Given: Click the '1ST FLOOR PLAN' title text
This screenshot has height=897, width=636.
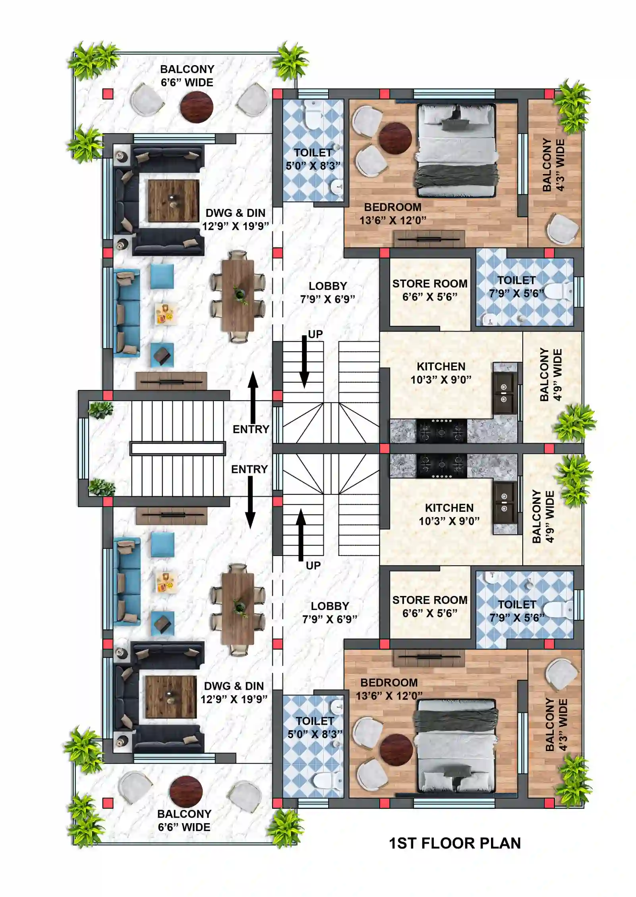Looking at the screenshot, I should [x=454, y=843].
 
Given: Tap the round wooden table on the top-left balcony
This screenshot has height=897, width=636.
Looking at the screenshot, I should [x=196, y=107].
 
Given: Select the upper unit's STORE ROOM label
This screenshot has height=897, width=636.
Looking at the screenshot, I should [x=429, y=290].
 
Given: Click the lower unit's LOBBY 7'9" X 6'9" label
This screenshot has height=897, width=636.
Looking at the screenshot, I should [x=329, y=612].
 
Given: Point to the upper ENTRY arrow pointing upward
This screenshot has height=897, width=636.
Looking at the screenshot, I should [x=253, y=397].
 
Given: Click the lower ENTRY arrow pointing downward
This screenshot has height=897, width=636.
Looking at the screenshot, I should [x=250, y=502].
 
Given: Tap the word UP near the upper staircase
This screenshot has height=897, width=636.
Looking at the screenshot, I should [x=315, y=334].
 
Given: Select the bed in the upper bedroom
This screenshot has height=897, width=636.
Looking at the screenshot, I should [x=456, y=151].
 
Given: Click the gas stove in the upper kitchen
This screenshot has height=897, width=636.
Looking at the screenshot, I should [x=441, y=431].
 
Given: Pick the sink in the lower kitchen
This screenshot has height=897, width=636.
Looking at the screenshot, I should [x=504, y=502].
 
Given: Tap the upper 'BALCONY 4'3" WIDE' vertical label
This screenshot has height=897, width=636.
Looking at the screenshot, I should [x=553, y=165].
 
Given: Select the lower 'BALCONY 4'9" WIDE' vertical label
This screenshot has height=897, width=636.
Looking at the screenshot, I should [x=543, y=517].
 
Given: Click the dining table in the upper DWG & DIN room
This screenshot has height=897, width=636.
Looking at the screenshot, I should [x=238, y=295].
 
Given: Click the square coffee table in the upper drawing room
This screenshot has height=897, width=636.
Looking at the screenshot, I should [x=173, y=201].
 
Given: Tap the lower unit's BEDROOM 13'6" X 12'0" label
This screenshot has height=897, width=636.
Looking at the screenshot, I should [x=389, y=689].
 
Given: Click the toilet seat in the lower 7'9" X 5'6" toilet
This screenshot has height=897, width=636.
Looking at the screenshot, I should [x=558, y=610].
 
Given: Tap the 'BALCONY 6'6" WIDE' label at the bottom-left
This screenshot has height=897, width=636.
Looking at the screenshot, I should [x=184, y=820].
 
